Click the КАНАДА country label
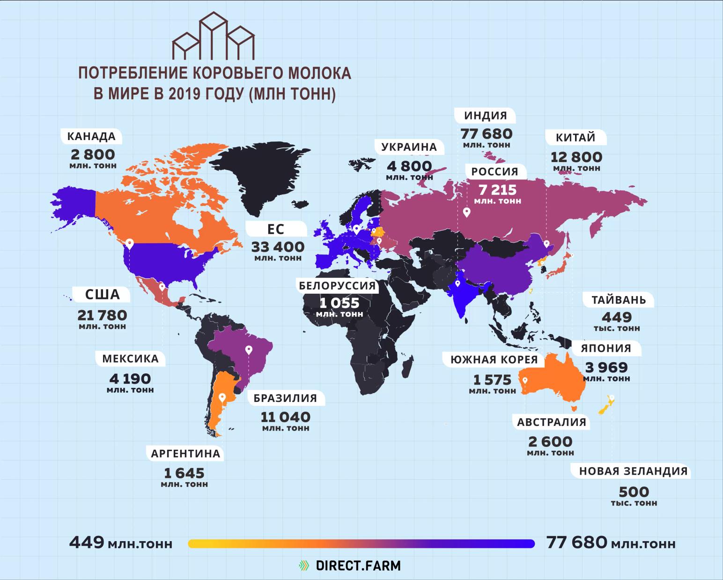pos(91,137)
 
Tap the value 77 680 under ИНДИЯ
pos(487,134)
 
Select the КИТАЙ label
pos(575,138)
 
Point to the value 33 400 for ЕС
pos(278,246)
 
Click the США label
pos(103,294)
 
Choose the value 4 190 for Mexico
pos(130,378)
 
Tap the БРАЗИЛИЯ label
pos(285,398)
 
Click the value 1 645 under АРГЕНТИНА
pos(184,473)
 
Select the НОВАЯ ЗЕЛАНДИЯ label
pos(633,471)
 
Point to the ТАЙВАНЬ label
pos(619,300)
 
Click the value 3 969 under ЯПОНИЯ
pos(606,367)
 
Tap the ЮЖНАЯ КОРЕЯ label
pos(494,359)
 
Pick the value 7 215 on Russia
pos(497,190)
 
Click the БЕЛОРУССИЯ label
pos(337,285)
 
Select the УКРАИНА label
pos(409,147)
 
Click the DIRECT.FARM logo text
pos(358,565)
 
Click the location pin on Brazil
pos(249,349)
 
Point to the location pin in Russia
pos(466,213)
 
